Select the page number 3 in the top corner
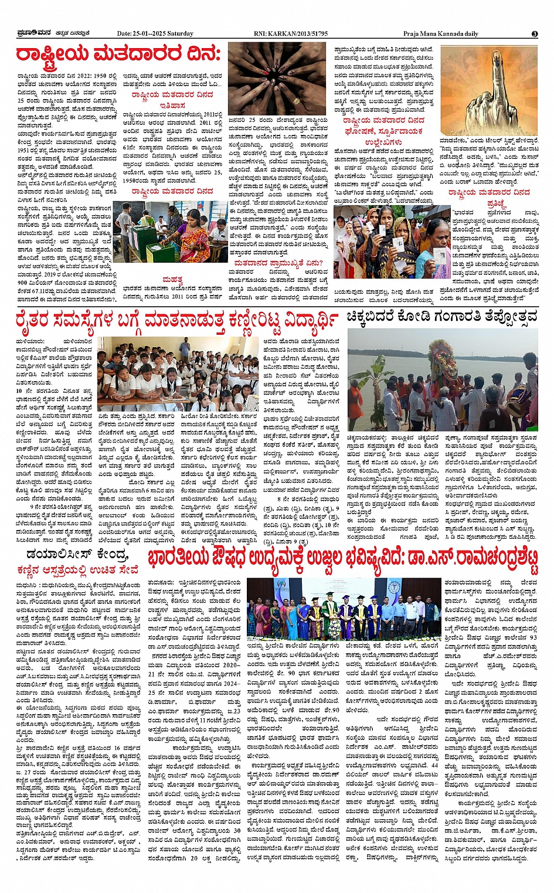[x=534, y=34]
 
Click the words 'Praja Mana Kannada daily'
[x=440, y=33]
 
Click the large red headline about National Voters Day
[x=118, y=55]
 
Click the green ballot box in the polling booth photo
[x=140, y=238]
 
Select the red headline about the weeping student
[x=177, y=321]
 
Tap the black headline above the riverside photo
[x=441, y=317]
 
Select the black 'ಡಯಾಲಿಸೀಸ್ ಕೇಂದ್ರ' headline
[x=77, y=554]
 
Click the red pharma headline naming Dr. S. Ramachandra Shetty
[x=342, y=561]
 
